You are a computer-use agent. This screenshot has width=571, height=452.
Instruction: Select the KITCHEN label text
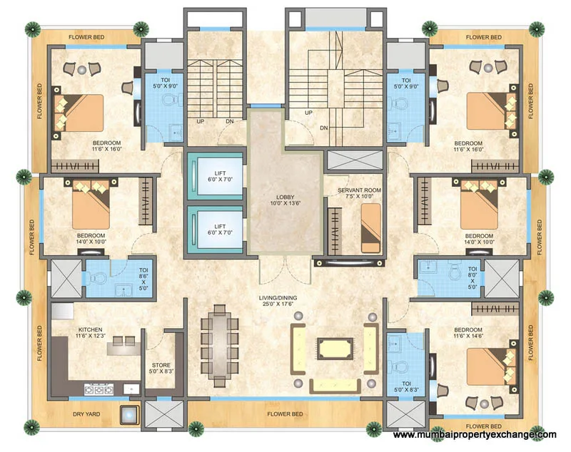(91, 330)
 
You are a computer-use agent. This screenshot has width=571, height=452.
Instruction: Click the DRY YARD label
(85, 414)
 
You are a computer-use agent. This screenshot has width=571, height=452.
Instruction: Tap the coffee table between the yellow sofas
(334, 349)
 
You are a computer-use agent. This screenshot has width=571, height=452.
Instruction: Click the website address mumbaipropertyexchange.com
(475, 435)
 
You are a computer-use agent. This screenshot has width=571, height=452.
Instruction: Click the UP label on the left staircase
(201, 120)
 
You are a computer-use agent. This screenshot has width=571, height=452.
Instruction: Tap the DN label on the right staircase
(323, 128)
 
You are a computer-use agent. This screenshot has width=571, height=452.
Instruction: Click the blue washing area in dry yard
(128, 414)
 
